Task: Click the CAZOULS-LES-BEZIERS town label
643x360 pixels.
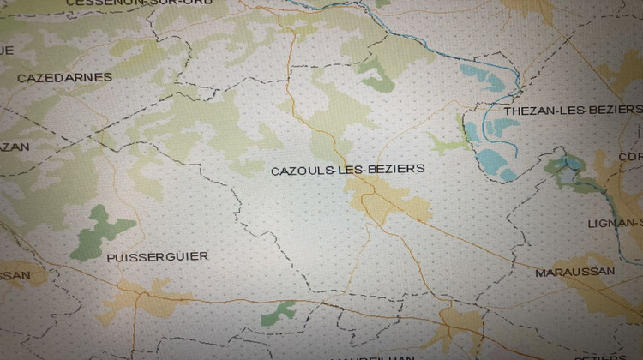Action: (347, 170)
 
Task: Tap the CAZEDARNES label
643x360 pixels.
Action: (64, 77)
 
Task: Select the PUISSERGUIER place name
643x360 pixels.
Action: (157, 256)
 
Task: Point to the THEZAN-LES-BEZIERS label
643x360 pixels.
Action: (573, 110)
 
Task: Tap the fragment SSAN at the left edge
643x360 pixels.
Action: (15, 276)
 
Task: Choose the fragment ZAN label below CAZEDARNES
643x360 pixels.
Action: (14, 147)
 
